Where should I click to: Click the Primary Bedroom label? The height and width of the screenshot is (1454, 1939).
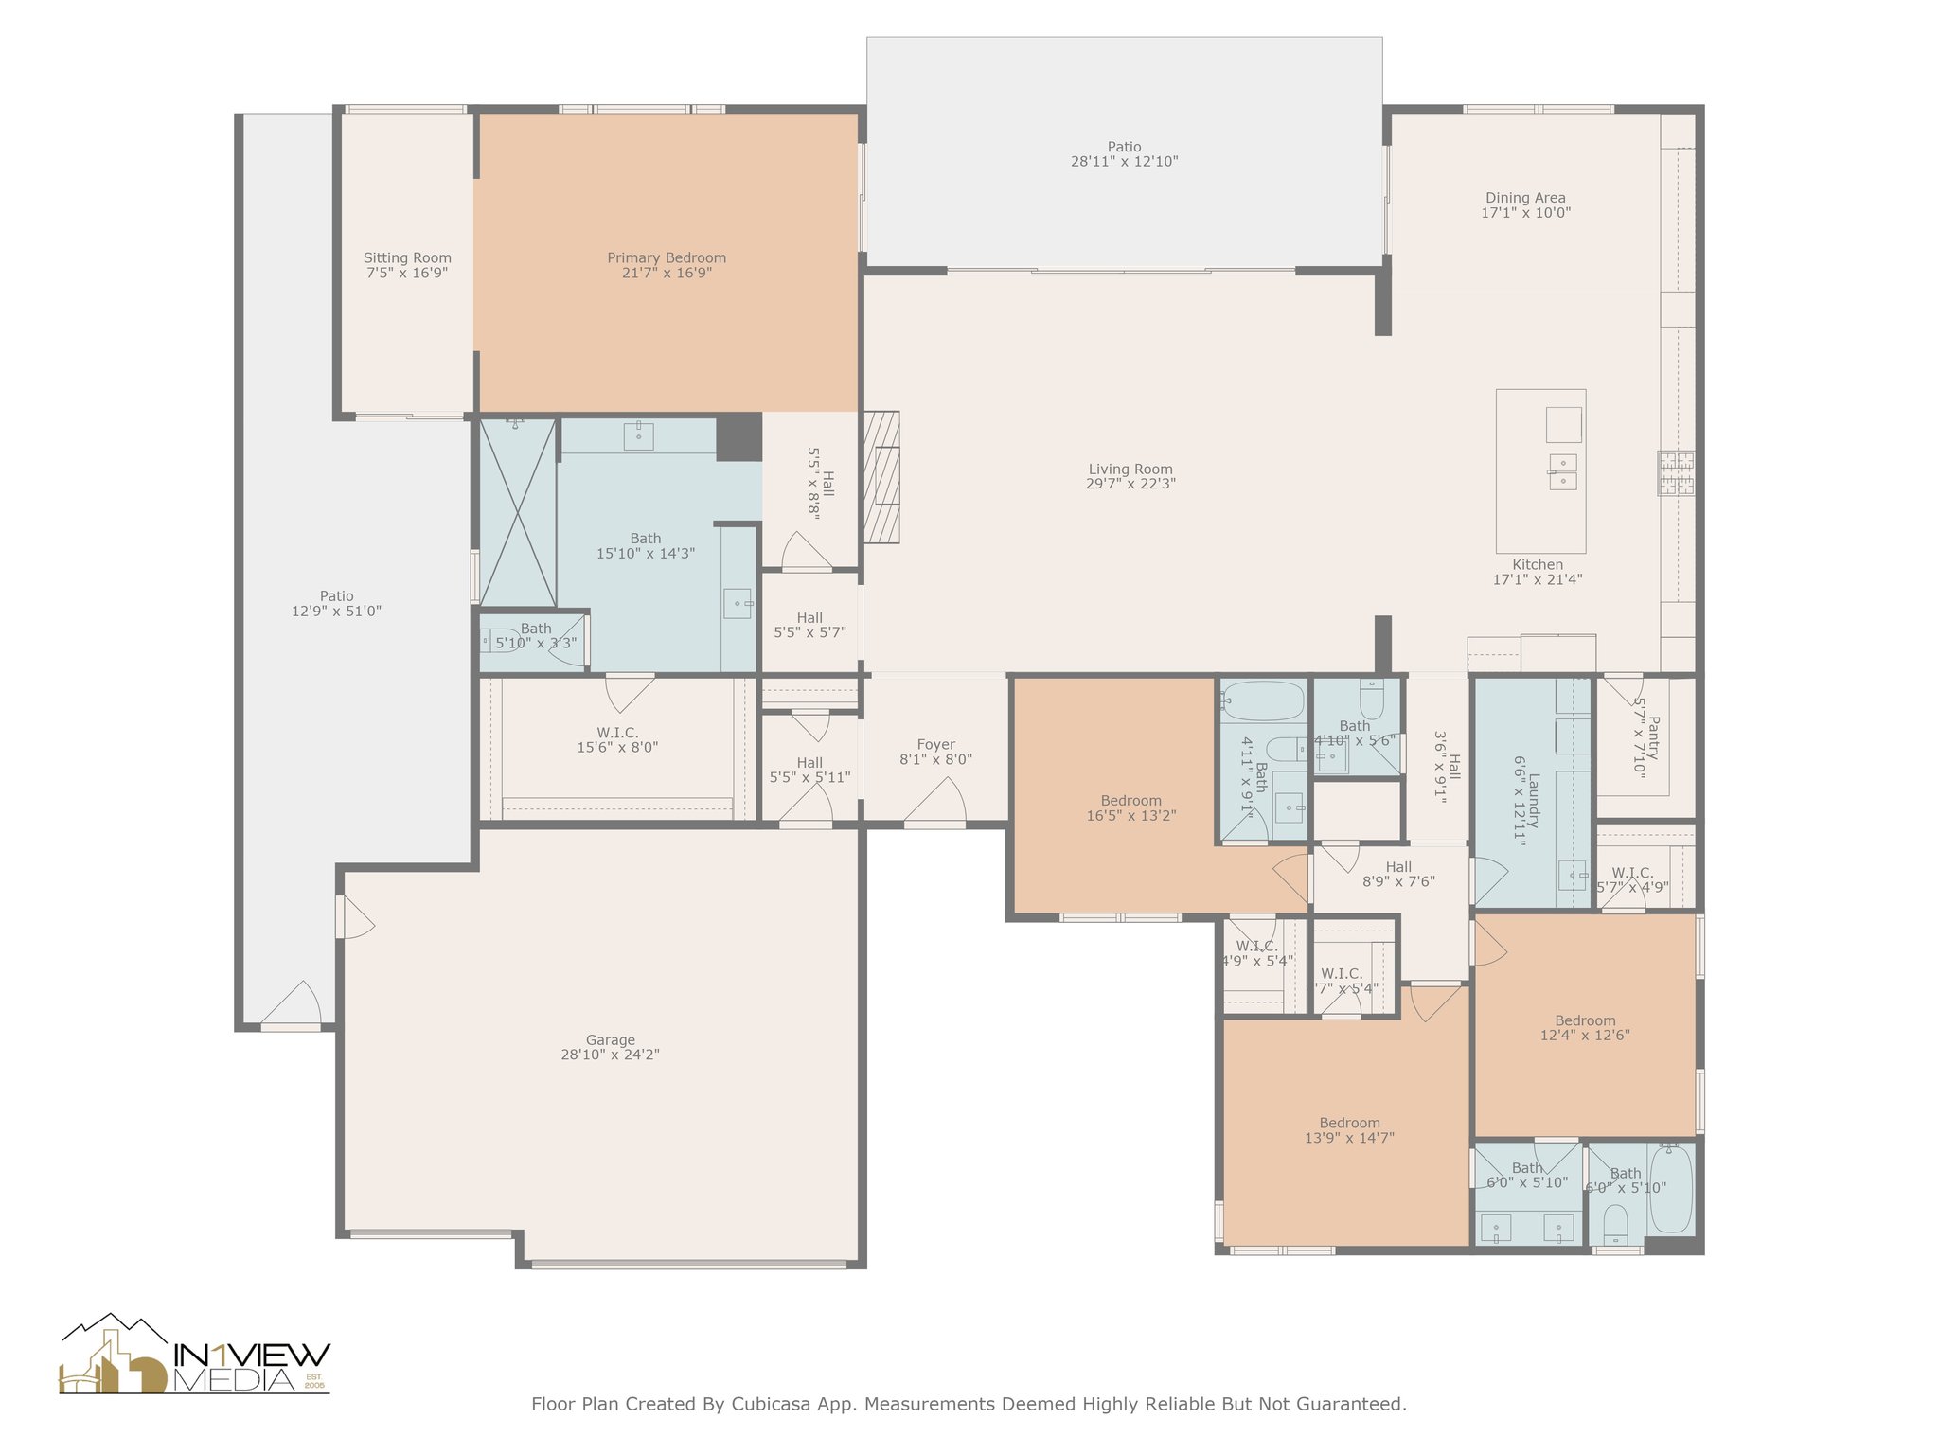(667, 257)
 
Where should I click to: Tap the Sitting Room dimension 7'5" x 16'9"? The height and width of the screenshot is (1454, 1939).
(407, 273)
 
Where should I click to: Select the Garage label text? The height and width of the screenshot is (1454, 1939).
(610, 1039)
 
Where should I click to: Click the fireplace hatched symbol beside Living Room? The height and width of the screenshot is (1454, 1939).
(882, 477)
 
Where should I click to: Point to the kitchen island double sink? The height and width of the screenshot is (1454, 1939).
(1563, 471)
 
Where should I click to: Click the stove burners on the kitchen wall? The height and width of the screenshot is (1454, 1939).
(1676, 473)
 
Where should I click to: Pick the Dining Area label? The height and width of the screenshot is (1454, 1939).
(1525, 198)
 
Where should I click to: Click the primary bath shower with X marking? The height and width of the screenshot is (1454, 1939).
(518, 512)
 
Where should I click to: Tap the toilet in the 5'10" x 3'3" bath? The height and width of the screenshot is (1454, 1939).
(498, 641)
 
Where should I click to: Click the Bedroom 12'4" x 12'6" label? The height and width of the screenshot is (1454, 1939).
(1585, 1020)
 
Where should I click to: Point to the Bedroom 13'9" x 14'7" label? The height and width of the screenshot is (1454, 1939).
(1349, 1123)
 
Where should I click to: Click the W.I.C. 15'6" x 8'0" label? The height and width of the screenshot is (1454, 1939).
(617, 733)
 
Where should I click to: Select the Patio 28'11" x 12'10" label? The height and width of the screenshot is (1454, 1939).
(1124, 147)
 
